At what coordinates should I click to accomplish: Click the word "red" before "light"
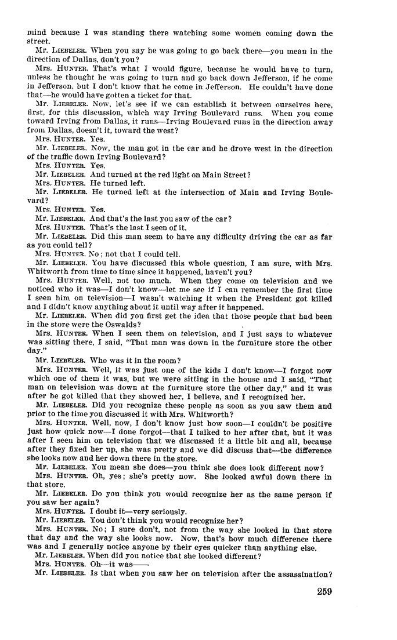(144, 174)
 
